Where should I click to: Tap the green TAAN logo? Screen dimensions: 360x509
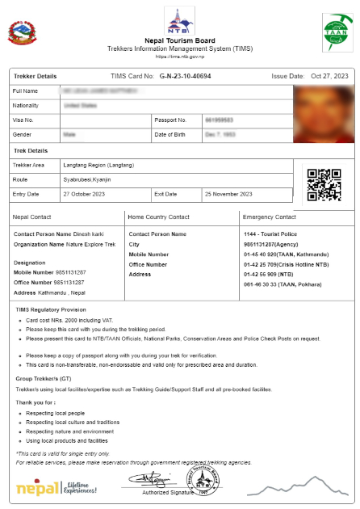click(x=334, y=32)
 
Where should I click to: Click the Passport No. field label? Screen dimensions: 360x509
click(x=170, y=120)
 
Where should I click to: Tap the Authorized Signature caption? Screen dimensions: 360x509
click(x=167, y=492)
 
